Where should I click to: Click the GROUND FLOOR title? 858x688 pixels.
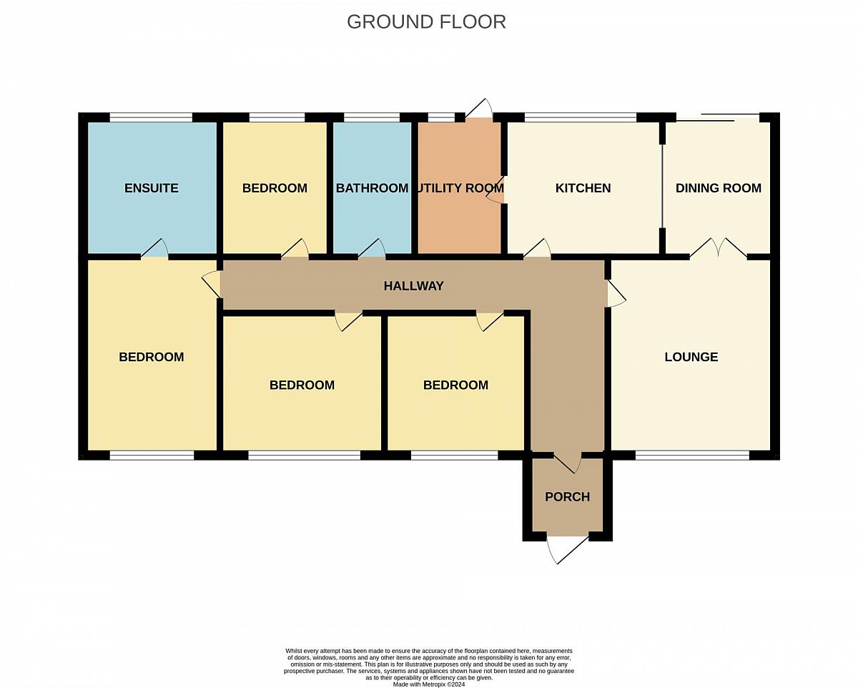[x=426, y=22]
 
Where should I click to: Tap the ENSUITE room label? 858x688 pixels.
[x=151, y=188]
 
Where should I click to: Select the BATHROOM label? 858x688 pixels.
[x=372, y=188]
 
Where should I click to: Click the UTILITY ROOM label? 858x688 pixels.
[x=459, y=188]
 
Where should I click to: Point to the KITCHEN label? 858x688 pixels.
[x=583, y=188]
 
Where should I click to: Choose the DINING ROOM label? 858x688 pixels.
[x=718, y=188]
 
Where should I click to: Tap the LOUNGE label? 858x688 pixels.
[x=691, y=357]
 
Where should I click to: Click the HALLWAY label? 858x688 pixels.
[x=413, y=286]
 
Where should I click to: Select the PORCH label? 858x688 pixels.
[x=567, y=496]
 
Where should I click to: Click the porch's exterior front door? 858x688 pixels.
[x=567, y=549]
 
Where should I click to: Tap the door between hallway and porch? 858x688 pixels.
[x=567, y=463]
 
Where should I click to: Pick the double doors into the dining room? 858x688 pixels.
[x=718, y=248]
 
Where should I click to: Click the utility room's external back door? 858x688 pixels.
[x=479, y=109]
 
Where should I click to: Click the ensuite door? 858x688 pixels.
[x=154, y=248]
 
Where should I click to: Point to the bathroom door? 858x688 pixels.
[x=372, y=248]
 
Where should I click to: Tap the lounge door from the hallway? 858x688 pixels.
[x=616, y=293]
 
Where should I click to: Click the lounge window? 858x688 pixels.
[x=693, y=455]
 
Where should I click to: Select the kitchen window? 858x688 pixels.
[x=580, y=117]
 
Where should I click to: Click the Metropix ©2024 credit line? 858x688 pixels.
[x=428, y=684]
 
